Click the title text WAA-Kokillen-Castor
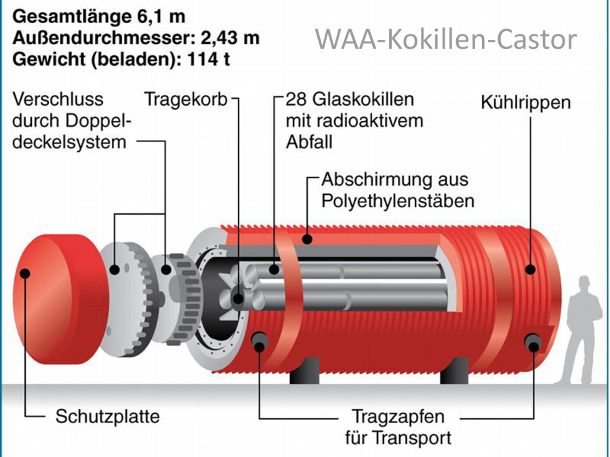click(445, 39)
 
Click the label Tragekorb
click(186, 100)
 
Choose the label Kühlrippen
click(525, 104)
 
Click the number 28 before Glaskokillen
click(296, 100)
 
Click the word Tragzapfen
click(396, 415)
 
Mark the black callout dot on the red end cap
click(26, 274)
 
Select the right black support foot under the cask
click(454, 370)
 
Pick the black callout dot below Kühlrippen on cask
click(530, 269)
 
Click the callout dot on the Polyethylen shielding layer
click(308, 238)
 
